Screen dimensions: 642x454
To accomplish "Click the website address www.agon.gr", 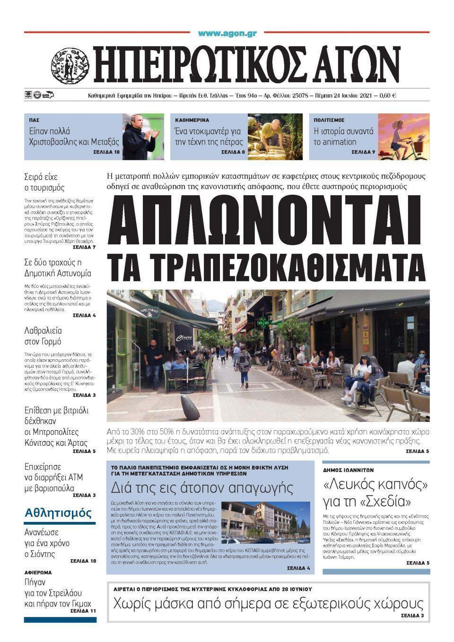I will click(x=227, y=34).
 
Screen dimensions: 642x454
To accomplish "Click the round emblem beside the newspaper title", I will click(x=70, y=66).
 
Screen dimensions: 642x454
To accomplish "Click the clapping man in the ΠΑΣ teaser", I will click(x=140, y=137).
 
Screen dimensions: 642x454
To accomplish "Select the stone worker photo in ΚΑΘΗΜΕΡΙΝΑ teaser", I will click(x=275, y=137).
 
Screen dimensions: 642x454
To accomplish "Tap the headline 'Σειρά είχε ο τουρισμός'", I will click(x=44, y=182).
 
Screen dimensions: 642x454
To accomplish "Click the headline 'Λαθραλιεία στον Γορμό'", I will click(x=43, y=336).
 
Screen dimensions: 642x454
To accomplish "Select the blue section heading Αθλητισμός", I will click(x=58, y=512).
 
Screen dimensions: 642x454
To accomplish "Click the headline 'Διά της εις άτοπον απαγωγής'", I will click(x=202, y=487).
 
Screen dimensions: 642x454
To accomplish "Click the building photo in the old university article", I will click(x=265, y=522).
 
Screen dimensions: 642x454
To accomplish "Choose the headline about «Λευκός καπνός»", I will click(x=375, y=493).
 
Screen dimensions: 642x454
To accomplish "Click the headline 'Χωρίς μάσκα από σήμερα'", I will click(x=268, y=603).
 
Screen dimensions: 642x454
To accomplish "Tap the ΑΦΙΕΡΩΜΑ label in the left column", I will click(x=38, y=573).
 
